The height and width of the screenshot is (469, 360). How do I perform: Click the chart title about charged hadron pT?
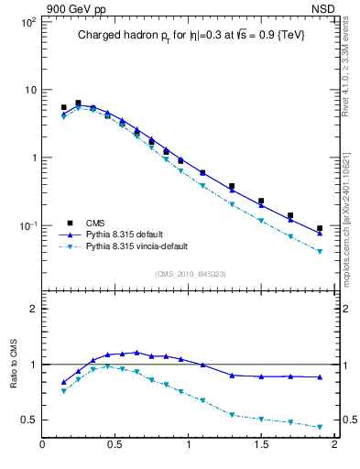point(190,37)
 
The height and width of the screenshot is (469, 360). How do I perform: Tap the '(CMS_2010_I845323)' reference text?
point(189,273)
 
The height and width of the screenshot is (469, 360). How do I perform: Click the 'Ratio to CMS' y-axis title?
point(14,381)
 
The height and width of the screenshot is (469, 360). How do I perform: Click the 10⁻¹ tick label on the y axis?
point(26,226)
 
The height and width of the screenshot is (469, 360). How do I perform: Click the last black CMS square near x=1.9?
point(320,228)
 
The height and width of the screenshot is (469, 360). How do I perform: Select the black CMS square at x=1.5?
point(261,201)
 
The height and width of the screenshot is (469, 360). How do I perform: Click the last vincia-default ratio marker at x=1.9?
point(320,427)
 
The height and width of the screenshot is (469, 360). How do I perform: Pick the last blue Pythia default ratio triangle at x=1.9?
point(320,377)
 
